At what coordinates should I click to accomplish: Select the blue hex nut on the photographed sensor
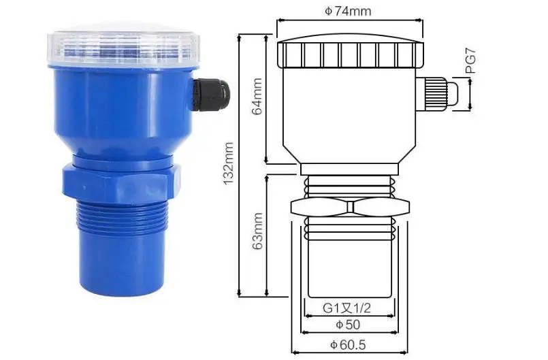point(123,178)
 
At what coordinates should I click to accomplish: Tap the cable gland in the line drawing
point(439,92)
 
